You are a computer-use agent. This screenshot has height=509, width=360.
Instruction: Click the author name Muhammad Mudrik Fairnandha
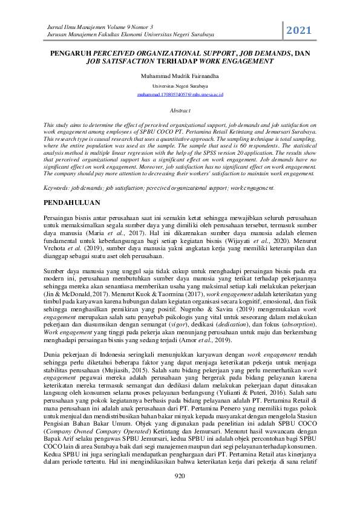180,77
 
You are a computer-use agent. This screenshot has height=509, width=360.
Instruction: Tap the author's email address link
180,95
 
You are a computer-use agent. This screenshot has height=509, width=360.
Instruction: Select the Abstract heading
180,111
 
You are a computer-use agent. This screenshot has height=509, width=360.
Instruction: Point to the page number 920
180,493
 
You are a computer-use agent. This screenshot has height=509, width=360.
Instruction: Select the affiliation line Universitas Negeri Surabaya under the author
180,86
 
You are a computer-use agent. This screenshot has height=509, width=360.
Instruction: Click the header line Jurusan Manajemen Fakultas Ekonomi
114,35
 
